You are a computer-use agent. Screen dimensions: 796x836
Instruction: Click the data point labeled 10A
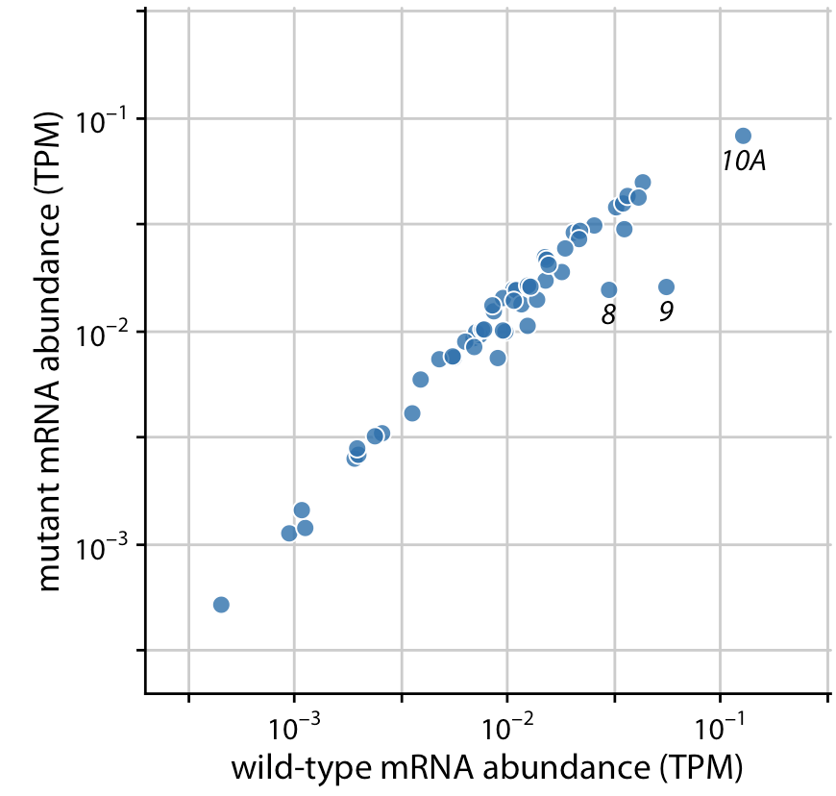[743, 137]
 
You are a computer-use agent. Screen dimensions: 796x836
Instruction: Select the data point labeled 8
[608, 289]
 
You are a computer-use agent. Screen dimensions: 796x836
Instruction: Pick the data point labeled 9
[666, 286]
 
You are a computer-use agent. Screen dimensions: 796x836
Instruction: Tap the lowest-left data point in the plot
[221, 605]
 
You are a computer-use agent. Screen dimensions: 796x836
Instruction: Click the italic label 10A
[744, 162]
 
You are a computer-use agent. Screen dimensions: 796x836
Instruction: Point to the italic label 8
[607, 314]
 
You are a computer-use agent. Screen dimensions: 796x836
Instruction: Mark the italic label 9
[666, 311]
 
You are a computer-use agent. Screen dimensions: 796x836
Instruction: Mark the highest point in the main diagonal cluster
[643, 182]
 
